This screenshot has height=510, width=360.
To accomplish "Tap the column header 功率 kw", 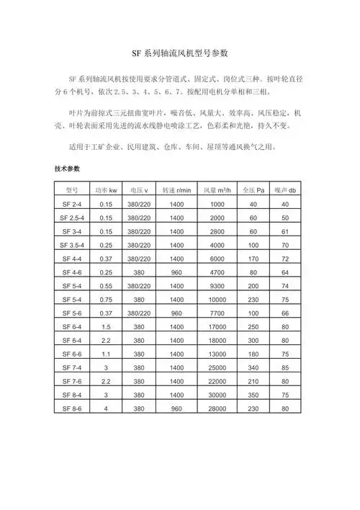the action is [107, 190].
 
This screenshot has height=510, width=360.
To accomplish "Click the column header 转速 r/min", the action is [176, 190].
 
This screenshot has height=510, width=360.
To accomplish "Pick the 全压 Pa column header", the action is [253, 190].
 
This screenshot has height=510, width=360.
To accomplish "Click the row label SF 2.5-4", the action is [71, 218].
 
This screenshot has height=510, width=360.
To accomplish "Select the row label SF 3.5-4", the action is [71, 245].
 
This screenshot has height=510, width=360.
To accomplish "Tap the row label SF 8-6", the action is [71, 408].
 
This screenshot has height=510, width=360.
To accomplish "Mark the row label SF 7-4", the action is [71, 367].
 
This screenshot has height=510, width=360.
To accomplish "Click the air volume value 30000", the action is [217, 395].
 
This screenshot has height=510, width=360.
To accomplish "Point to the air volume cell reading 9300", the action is [217, 286].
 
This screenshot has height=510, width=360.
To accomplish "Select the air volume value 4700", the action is [217, 272].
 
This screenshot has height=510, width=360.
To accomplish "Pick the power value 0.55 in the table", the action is [107, 286].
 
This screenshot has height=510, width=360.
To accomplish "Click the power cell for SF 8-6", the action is [107, 408].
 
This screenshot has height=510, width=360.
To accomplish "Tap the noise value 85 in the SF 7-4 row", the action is [285, 367].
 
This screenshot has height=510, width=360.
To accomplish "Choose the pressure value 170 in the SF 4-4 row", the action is [253, 259].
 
